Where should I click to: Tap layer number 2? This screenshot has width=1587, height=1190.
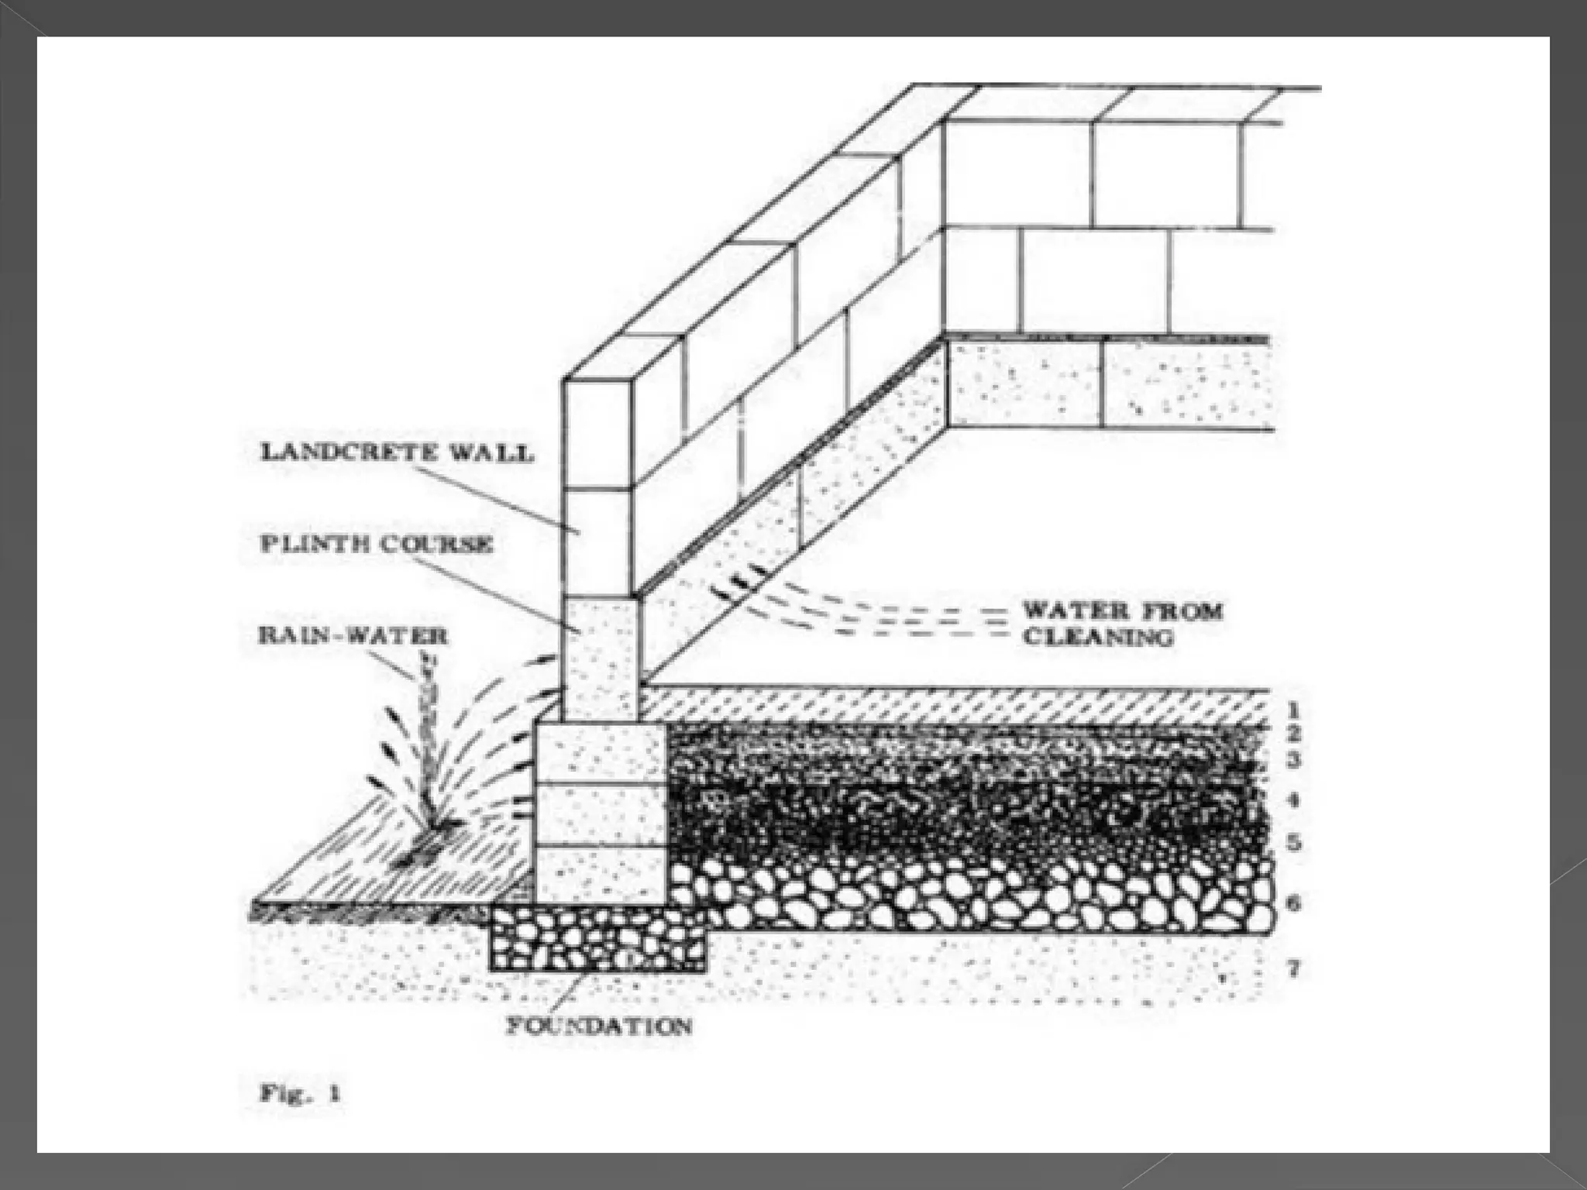click(x=1293, y=734)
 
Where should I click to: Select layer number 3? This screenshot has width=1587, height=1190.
click(x=1293, y=762)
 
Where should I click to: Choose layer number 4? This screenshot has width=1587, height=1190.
click(x=1293, y=801)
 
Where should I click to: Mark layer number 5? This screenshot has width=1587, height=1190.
click(x=1293, y=843)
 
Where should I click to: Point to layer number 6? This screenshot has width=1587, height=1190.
click(x=1293, y=903)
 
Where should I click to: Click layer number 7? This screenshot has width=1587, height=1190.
click(x=1293, y=968)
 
